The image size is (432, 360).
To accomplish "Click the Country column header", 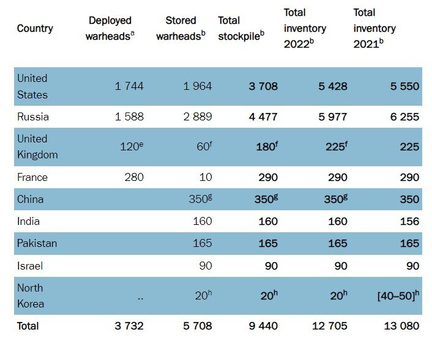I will point(35,28).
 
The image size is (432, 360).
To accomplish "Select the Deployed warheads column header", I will point(110,28).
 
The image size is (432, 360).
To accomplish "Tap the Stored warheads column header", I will point(182,28).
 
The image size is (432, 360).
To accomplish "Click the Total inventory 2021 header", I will point(375,28).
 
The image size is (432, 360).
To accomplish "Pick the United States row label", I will point(32,87).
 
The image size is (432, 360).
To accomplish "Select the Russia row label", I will point(33,117).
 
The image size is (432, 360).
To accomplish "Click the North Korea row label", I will point(30,295).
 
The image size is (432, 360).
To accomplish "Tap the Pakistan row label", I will point(37,243).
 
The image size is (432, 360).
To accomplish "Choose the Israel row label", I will point(30,266).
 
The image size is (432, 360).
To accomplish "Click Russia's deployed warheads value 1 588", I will point(129,117).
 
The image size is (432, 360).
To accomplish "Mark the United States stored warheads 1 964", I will point(198,86).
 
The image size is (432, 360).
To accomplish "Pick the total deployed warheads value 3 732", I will point(129,326).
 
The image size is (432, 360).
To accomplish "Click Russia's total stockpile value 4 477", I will point(263,117).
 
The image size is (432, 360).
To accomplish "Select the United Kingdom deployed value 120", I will point(131,147).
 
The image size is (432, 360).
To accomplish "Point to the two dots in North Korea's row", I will point(140,297).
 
